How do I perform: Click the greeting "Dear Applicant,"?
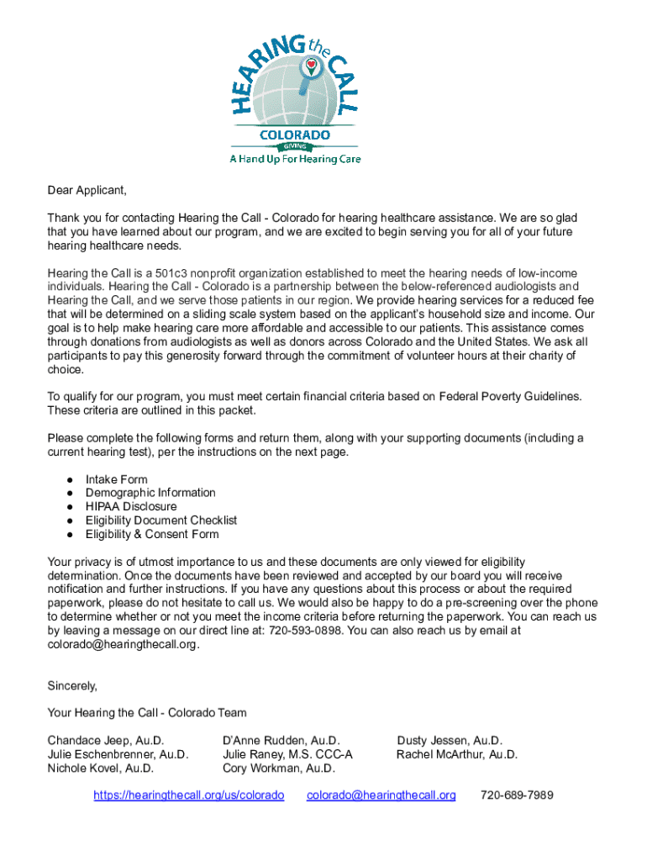(x=87, y=190)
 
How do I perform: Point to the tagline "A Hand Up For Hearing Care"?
(x=295, y=159)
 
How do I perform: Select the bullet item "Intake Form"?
(x=116, y=479)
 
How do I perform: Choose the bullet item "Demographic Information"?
(x=150, y=493)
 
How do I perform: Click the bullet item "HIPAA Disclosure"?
(x=131, y=507)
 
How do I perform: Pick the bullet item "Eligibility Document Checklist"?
(x=161, y=520)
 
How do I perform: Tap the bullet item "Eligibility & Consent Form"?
(x=152, y=534)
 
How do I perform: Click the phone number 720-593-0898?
(x=306, y=630)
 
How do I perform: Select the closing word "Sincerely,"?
(x=72, y=685)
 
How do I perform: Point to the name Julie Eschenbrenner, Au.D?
(x=118, y=754)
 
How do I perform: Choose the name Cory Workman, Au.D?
(x=279, y=768)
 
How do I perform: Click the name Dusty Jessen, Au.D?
(x=450, y=741)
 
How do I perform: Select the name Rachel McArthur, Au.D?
(x=457, y=754)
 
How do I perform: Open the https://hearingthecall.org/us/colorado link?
(x=188, y=795)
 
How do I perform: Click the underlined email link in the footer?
(x=381, y=795)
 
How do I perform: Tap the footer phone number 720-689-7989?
(x=517, y=795)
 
